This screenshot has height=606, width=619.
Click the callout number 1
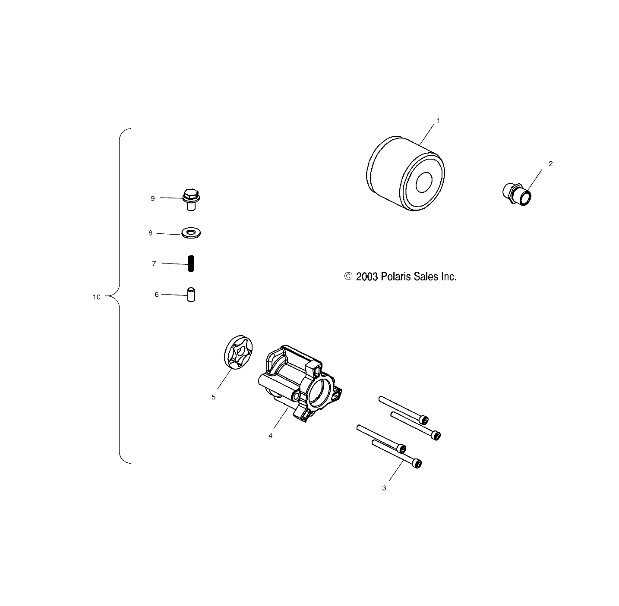pos(438,121)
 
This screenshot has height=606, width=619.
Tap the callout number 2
pos(550,164)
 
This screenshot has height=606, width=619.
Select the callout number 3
pos(384,488)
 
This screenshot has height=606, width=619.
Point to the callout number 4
pos(271,436)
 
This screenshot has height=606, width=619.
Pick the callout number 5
pos(213,397)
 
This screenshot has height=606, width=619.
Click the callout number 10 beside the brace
pos(97,297)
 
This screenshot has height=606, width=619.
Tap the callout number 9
pos(152,199)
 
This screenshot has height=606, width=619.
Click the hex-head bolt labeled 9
pos(191,199)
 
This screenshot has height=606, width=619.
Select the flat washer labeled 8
pos(191,233)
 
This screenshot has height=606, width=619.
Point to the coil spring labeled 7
pos(191,264)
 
